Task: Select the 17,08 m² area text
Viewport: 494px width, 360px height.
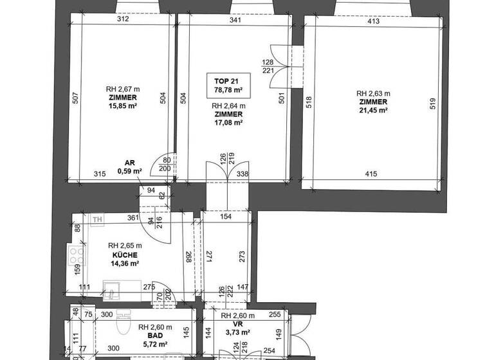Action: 228,123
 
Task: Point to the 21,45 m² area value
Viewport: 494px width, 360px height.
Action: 373,110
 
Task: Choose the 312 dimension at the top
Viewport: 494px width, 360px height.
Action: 123,19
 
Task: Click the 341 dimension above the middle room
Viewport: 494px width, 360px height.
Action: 235,21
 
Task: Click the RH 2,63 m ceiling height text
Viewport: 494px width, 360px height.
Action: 373,93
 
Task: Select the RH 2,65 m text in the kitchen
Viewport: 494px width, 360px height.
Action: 125,246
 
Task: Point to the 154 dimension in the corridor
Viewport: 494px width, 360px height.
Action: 225,217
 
